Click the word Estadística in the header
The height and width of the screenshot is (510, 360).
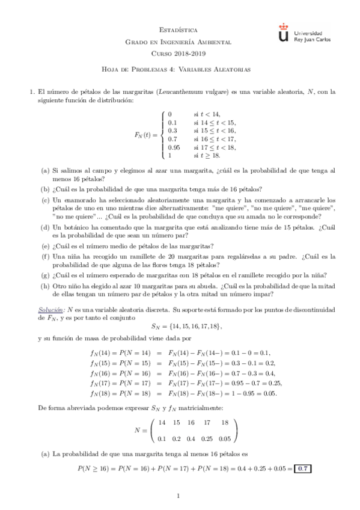[x=180, y=29]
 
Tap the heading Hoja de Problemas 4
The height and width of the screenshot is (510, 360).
[x=180, y=69]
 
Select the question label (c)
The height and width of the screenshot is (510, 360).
[x=45, y=199]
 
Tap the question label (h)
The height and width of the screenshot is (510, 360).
[x=45, y=286]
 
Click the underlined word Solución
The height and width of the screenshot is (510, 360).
[x=48, y=309]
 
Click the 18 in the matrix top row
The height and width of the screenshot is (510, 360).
[x=225, y=423]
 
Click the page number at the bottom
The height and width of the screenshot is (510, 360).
[x=180, y=496]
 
